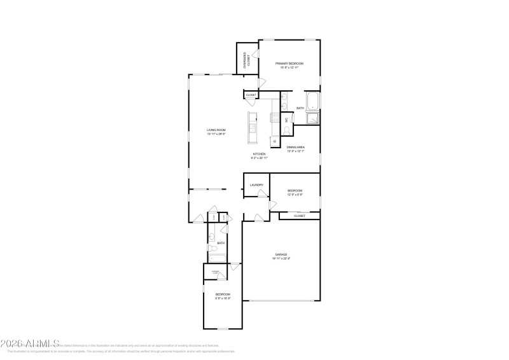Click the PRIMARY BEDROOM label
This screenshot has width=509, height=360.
pos(289,64)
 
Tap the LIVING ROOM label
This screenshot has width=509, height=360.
pos(216,130)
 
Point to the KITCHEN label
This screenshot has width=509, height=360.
pos(260,154)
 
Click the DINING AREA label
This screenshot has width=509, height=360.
pos(295,147)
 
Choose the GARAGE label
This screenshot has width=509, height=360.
pos(282,254)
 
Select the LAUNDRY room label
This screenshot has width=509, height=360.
pos(256,185)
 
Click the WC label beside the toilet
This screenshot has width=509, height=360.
pos(286,120)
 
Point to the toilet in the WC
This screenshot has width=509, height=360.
pos(287,130)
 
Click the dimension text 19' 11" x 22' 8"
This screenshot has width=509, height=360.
pos(282,258)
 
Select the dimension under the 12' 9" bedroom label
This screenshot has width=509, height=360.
pos(295,195)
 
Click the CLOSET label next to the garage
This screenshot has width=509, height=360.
pos(299,216)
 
